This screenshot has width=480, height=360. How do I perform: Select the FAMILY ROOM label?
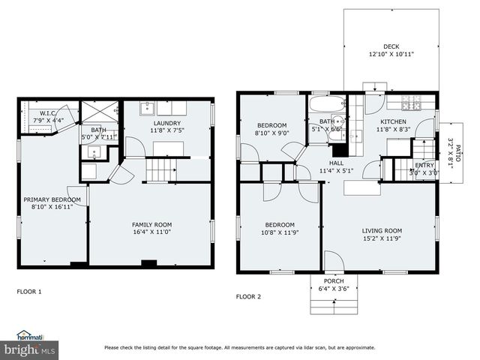pos(151,224)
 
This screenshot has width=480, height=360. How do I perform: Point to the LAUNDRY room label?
pos(167,123)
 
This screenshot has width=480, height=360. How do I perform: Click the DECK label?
pos(391,46)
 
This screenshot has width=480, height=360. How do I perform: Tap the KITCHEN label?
pos(393,121)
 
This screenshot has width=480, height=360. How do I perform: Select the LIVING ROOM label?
pos(382,231)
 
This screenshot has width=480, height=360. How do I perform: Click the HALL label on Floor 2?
pos(336,162)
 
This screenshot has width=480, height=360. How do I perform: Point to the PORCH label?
pos(334,281)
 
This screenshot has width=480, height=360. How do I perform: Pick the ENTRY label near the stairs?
pos(424,166)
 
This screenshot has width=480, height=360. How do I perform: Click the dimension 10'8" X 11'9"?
pos(277,232)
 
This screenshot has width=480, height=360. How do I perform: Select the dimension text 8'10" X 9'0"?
pos(271,133)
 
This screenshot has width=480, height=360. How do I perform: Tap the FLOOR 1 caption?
pos(29,291)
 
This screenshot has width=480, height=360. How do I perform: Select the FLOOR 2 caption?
pos(248,296)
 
